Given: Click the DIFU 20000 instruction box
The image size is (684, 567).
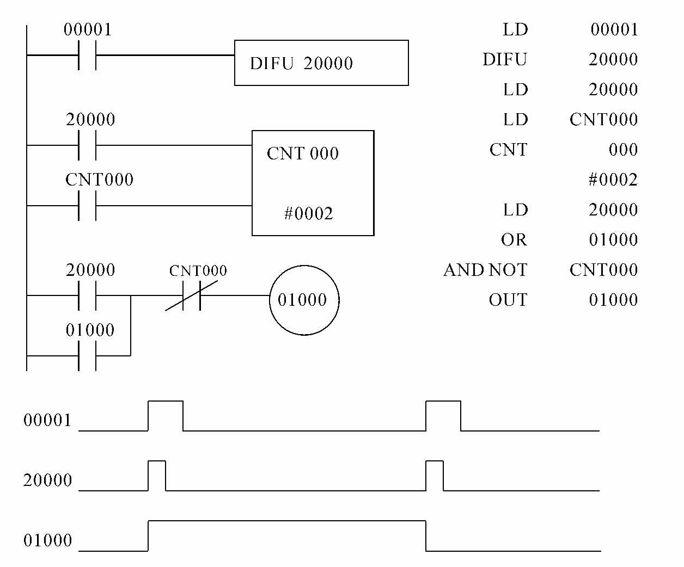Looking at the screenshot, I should coord(321,63).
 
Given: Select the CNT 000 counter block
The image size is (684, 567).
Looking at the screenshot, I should coord(313,183).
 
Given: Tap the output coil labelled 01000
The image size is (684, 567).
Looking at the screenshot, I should coord(304,300).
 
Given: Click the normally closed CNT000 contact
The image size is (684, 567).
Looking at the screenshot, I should coord(192,295).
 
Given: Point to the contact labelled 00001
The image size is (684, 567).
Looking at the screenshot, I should coord(87,55).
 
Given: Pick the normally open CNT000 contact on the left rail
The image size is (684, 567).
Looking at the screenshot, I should coord(87,206).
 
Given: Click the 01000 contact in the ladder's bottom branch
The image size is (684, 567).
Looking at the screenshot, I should coord(87,356).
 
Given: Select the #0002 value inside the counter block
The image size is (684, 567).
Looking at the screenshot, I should coord(308,213).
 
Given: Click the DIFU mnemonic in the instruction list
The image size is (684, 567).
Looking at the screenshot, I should coord(505,59).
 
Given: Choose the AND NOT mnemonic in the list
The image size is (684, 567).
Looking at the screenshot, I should coord(485,270).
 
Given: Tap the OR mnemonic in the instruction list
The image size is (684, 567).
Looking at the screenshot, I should coord(514,240).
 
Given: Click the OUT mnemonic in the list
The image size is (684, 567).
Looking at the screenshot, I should coord(508,300).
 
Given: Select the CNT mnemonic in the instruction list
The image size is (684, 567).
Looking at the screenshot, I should coord(508,150).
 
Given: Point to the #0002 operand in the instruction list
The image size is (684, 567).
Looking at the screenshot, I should coord(613,180).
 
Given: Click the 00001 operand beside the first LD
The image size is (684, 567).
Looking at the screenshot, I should coord(614,29).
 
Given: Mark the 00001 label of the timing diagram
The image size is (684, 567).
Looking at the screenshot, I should coord(47,420).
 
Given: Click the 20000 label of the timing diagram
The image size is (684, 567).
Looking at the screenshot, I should coord(47,480).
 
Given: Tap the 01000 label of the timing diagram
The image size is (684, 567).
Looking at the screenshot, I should coord(47,540).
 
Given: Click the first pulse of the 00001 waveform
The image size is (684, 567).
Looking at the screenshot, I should coord(166,416).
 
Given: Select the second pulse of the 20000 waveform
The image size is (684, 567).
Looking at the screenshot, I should coord(435,476).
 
